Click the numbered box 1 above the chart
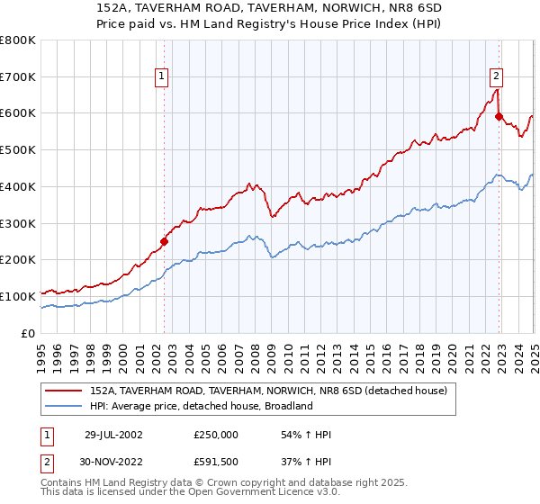coord(161,76)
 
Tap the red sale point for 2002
coord(164,240)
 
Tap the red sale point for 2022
coord(499,116)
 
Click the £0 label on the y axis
coord(29,333)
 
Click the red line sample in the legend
coord(64,391)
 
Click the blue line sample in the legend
coord(64,406)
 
